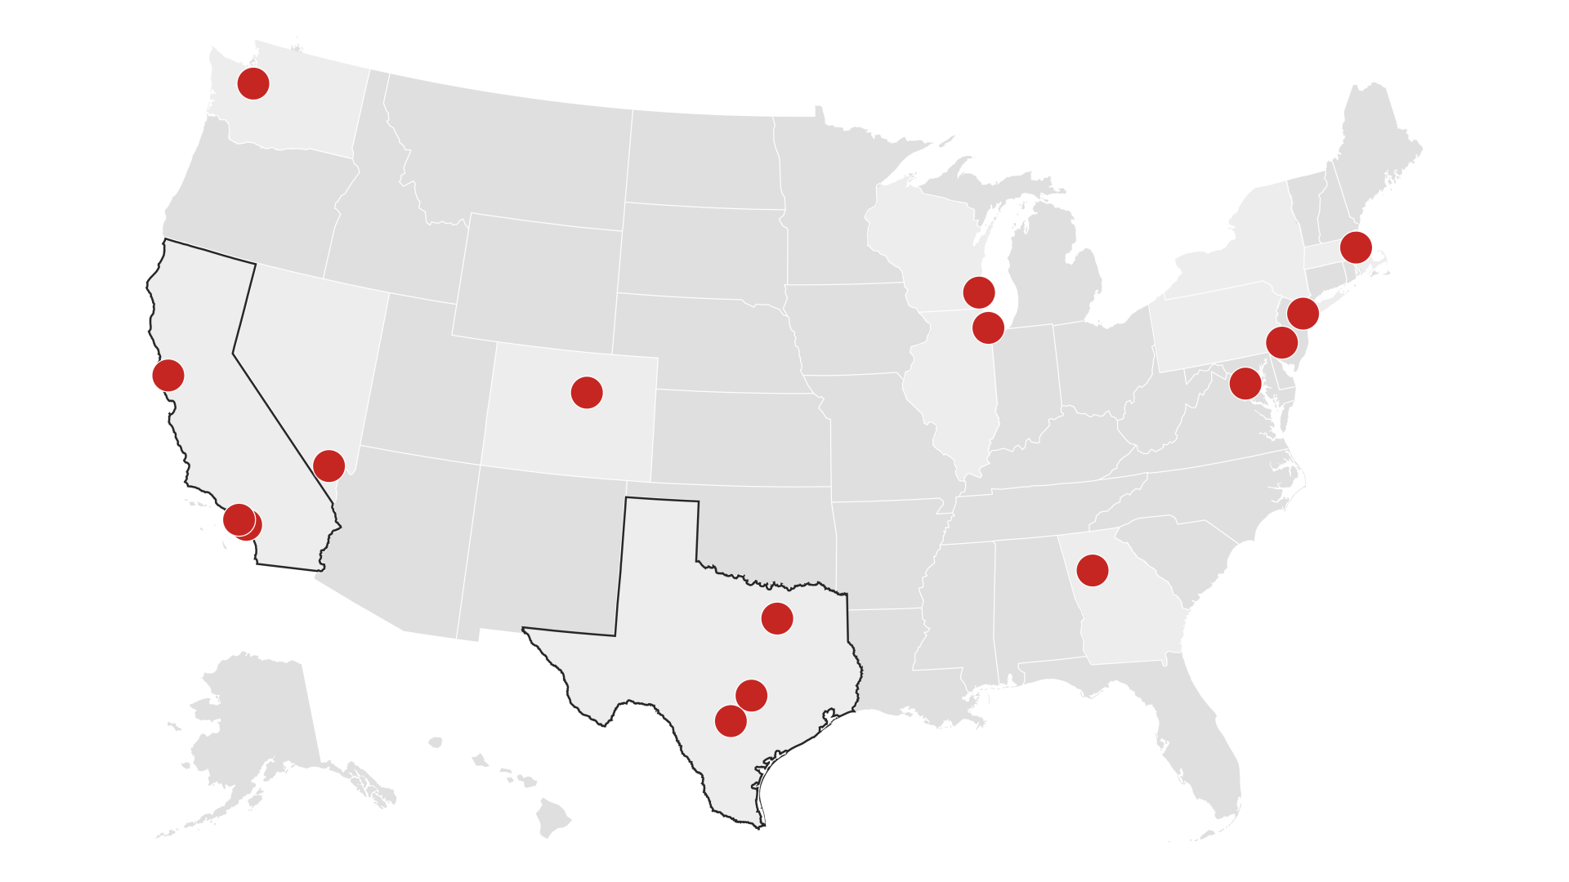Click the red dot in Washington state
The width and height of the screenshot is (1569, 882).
(253, 83)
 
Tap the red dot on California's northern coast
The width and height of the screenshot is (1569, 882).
(168, 375)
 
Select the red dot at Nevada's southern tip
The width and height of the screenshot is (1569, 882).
(329, 465)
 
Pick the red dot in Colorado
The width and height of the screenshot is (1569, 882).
(587, 393)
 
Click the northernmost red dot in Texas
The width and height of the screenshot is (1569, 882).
(777, 618)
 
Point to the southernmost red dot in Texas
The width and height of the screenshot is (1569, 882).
(731, 721)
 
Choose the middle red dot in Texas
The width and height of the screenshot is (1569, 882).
(751, 695)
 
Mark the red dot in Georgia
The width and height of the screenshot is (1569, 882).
(1093, 570)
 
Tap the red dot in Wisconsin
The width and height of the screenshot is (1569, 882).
(979, 292)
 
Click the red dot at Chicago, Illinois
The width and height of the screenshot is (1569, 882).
(988, 327)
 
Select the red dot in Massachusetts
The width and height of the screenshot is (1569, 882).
(1356, 247)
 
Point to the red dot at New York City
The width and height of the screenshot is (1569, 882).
(1303, 313)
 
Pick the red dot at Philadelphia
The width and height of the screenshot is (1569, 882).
(1282, 342)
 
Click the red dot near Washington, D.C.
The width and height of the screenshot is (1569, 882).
(1245, 383)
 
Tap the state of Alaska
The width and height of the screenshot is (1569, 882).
(261, 719)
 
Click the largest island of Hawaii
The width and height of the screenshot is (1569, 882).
(552, 817)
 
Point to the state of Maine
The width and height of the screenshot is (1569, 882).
(1381, 147)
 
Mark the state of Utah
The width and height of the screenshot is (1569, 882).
(425, 376)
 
